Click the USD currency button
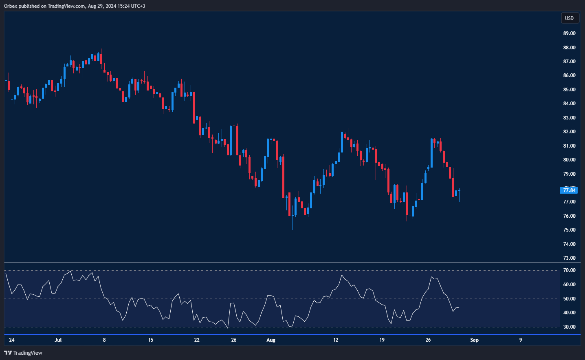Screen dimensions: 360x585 click(x=569, y=18)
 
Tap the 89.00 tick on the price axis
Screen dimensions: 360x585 click(x=569, y=33)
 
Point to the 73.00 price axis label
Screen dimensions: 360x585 click(x=569, y=258)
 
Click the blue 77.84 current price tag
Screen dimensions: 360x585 click(x=569, y=190)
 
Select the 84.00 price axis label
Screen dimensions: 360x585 click(x=569, y=104)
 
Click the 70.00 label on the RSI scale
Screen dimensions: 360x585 click(x=569, y=270)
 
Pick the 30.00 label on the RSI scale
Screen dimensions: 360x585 click(x=569, y=327)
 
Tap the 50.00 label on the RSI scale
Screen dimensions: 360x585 click(x=569, y=299)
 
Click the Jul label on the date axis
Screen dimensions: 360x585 click(x=58, y=340)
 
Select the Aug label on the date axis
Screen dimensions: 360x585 click(x=271, y=340)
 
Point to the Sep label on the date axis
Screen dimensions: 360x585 click(x=474, y=340)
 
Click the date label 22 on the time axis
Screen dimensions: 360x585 click(x=197, y=340)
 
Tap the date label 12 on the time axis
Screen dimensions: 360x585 click(x=336, y=340)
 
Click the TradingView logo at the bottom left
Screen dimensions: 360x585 click(x=23, y=353)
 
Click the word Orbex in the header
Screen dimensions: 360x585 click(x=11, y=6)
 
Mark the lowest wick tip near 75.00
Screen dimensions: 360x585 click(x=292, y=229)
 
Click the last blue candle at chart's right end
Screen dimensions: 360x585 click(x=459, y=190)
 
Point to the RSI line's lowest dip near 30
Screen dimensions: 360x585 click(x=228, y=327)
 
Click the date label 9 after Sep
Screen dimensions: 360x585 click(x=520, y=340)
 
